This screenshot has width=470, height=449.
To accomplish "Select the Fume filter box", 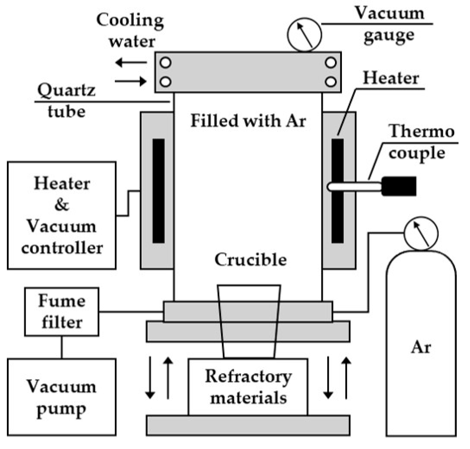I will click(61, 312).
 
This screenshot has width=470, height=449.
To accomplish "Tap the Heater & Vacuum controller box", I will click(61, 215).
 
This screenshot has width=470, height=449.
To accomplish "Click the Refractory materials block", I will click(248, 387).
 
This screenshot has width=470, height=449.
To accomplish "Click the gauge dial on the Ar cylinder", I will click(421, 234).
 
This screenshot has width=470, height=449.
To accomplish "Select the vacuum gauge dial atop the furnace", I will click(304, 35).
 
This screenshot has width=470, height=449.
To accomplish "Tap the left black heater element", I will click(159, 191).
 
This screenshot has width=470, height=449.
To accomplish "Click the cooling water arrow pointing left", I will click(131, 63).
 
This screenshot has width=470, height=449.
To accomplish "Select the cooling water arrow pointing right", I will click(131, 81).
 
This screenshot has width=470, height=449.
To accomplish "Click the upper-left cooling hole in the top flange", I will click(166, 63).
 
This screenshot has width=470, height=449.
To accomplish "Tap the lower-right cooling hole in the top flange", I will click(331, 81).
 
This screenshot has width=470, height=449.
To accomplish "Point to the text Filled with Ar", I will click(248, 121).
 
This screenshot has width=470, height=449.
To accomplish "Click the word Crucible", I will click(250, 260).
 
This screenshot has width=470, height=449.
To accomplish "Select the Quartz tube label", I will click(66, 101).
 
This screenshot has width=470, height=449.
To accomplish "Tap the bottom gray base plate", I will click(248, 426).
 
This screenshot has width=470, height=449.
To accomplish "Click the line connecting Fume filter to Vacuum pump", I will click(62, 347).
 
